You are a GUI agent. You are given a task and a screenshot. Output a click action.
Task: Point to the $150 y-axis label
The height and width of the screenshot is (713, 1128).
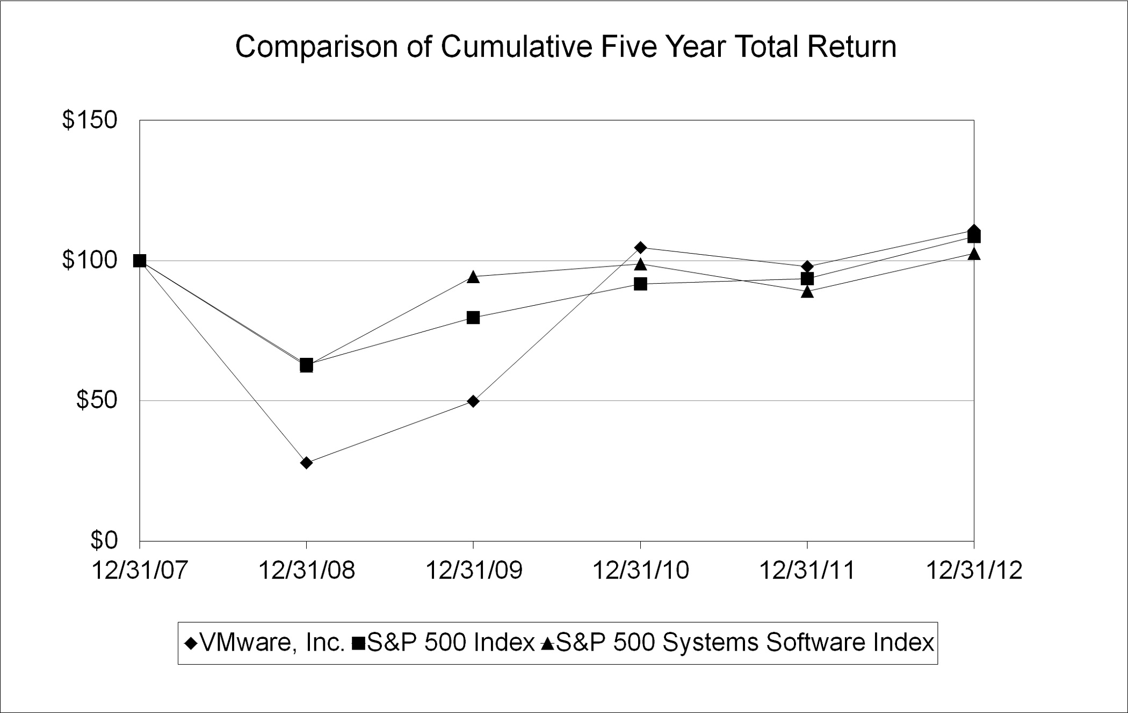[90, 120]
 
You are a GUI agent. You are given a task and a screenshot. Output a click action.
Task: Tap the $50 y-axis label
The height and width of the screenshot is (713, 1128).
[97, 400]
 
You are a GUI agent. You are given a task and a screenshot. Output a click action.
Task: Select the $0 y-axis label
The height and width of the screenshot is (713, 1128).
[104, 540]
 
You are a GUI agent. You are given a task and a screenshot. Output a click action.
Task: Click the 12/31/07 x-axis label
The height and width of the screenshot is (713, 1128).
[140, 571]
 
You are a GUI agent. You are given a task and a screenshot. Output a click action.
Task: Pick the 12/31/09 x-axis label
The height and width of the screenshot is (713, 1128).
[473, 571]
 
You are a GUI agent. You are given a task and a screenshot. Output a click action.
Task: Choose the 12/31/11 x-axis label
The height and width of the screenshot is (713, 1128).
[807, 571]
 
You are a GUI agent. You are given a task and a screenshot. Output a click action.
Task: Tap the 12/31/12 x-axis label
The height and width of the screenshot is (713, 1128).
[974, 571]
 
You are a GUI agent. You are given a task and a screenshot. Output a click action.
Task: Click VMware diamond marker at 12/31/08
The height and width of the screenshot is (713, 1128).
[306, 463]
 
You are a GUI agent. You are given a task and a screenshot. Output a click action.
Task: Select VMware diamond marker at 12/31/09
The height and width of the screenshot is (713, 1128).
[473, 401]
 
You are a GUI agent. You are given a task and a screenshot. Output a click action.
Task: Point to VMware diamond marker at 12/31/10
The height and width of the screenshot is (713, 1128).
[640, 247]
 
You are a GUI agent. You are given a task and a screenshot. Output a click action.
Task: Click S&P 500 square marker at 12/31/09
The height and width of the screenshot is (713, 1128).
[473, 318]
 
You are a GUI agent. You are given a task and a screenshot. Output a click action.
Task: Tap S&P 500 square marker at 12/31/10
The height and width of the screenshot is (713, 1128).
[640, 284]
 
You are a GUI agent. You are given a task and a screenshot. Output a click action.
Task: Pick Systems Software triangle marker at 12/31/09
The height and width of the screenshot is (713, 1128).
[473, 277]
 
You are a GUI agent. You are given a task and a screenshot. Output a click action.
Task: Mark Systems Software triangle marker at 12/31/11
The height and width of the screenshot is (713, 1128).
[807, 292]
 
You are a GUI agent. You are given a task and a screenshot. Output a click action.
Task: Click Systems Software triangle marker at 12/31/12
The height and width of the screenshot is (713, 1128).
[974, 254]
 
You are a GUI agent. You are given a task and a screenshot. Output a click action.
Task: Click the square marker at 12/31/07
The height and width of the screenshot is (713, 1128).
[140, 261]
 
